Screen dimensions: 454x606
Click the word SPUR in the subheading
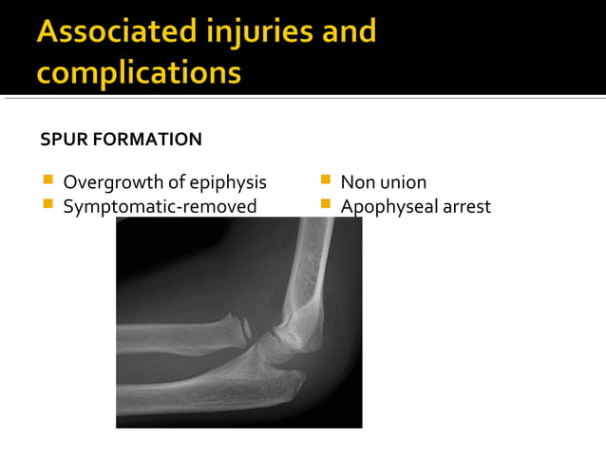coord(62,140)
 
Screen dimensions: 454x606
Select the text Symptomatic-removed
coord(160,205)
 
